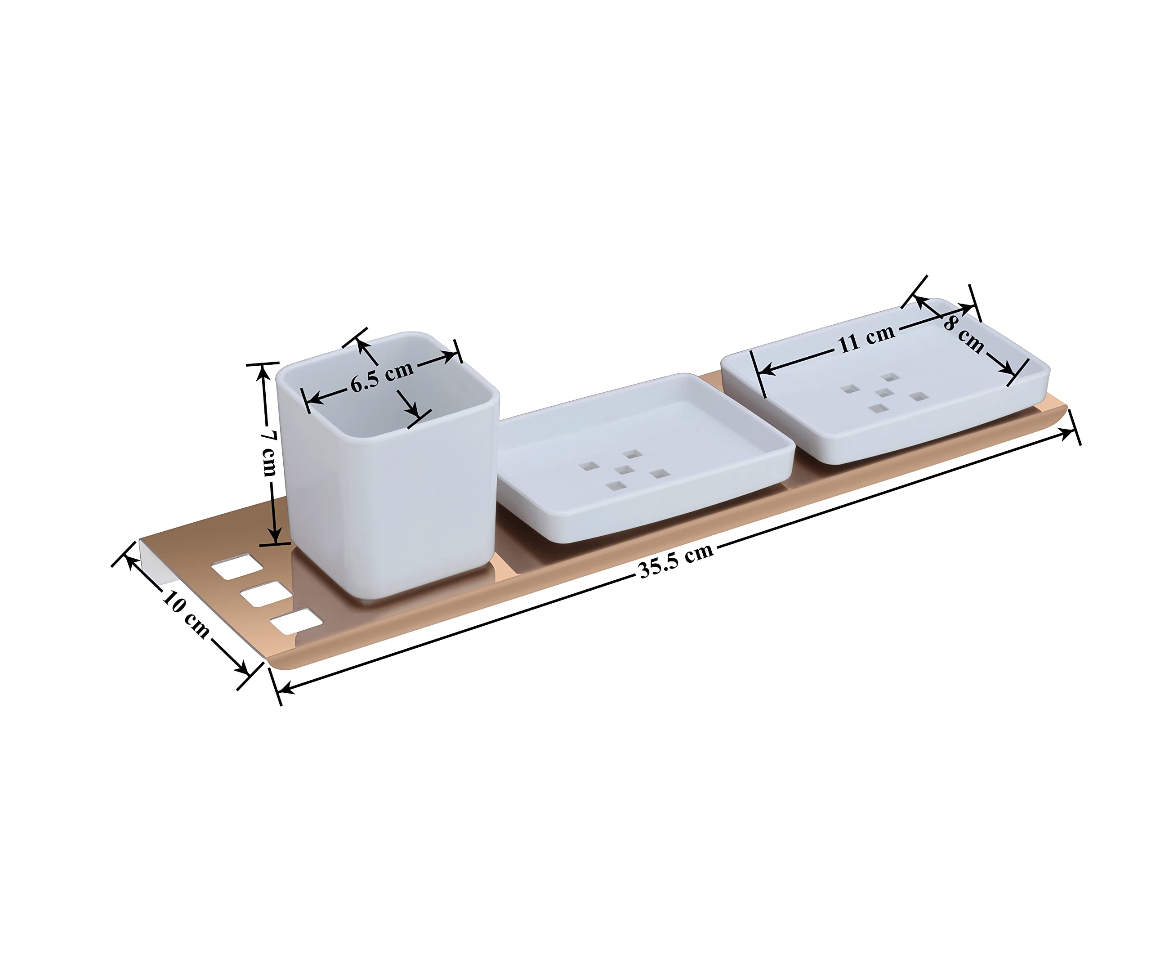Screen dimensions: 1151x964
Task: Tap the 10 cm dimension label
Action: tap(186, 614)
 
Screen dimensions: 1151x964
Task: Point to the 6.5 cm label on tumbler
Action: tap(383, 377)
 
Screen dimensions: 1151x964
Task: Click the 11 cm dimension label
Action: tap(866, 339)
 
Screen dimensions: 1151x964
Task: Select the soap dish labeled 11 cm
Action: tap(885, 381)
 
